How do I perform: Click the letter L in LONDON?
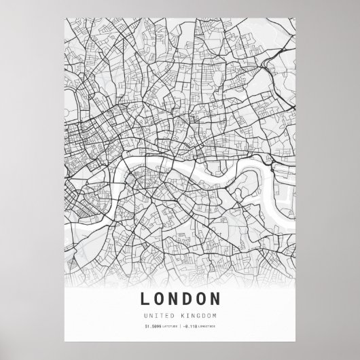(146, 299)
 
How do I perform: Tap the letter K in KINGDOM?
(182, 317)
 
